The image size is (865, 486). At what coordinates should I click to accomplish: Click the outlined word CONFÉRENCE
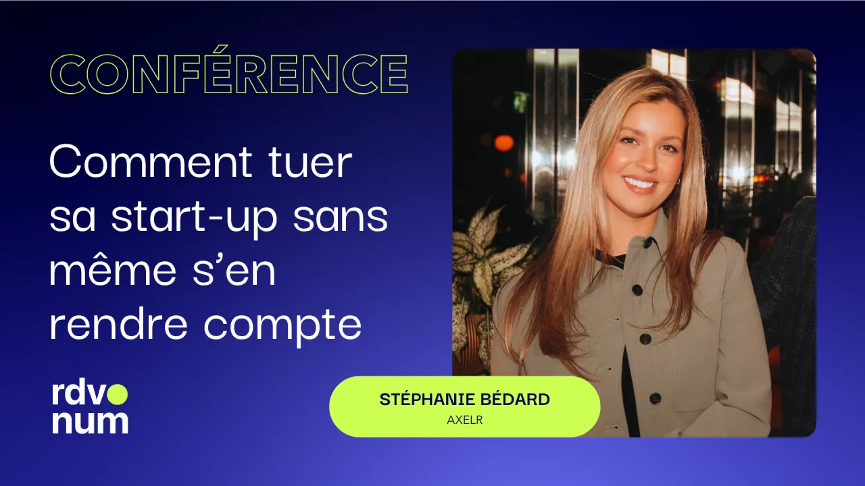(x=228, y=74)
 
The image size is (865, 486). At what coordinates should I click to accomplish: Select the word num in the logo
(x=89, y=421)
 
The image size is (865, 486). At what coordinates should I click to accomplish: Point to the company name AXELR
(x=464, y=420)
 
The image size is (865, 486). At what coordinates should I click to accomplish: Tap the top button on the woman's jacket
(x=637, y=290)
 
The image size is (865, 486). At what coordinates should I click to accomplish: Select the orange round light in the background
(x=503, y=142)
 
